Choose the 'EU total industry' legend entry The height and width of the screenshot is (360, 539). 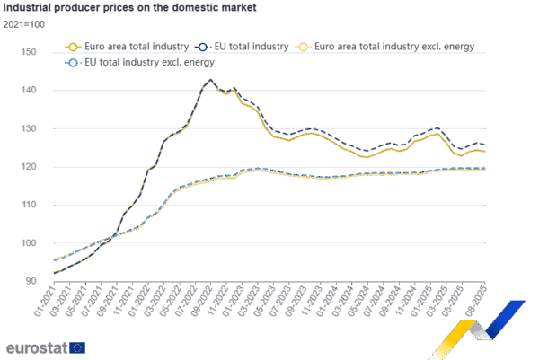point(244,45)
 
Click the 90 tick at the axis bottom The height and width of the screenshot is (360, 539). point(31,280)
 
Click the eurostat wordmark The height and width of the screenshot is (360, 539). point(35,346)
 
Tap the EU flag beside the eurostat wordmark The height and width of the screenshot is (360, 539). point(77,346)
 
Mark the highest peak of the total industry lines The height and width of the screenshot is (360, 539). point(210,80)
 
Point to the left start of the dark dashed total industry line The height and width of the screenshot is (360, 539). point(55,272)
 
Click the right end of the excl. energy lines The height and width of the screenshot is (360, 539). point(485,168)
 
